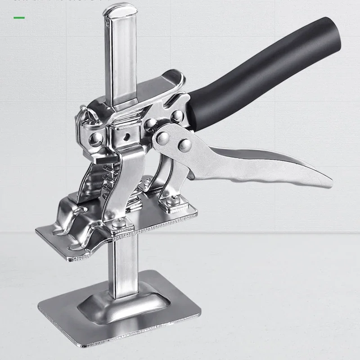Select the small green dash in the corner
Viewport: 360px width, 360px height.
pyautogui.click(x=19, y=18)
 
